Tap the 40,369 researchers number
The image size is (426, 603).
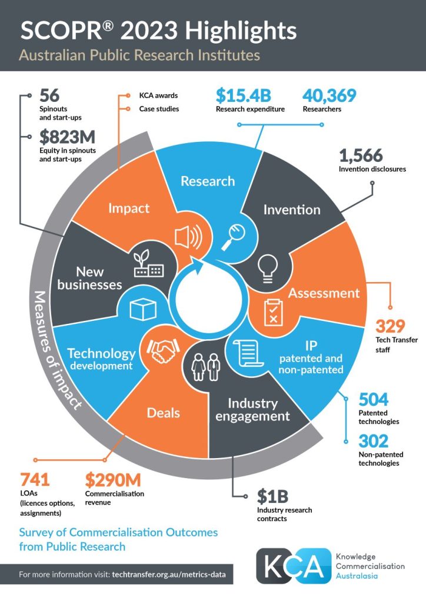330,95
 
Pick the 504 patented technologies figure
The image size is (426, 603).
374,400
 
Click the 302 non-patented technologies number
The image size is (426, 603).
373,440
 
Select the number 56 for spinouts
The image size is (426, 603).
49,95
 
